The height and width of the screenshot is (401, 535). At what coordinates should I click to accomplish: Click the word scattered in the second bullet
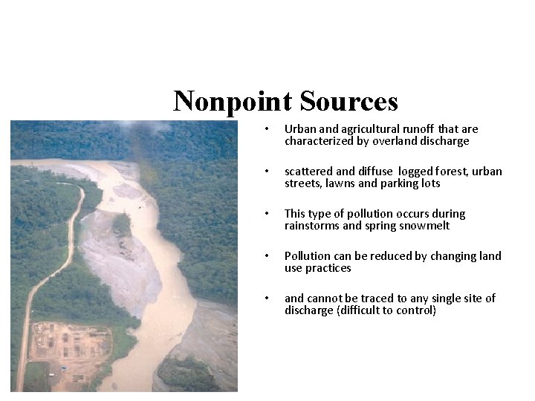[x=309, y=172]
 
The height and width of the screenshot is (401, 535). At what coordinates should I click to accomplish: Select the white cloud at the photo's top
[x=152, y=128]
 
